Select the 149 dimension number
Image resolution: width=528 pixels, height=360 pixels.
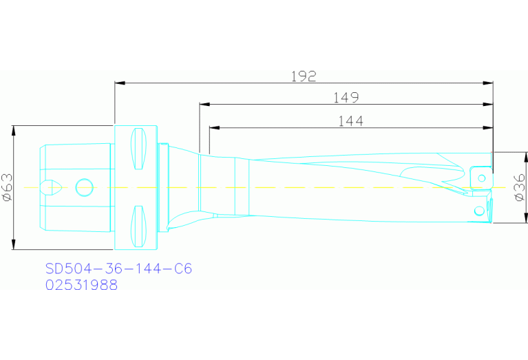tap(346, 98)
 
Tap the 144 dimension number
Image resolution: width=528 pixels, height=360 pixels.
tap(350, 121)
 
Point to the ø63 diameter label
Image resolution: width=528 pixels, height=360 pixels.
tap(7, 187)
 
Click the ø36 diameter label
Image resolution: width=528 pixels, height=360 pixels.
tap(520, 187)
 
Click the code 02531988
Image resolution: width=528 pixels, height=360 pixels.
tap(81, 285)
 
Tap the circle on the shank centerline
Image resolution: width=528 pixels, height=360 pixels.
tap(84, 185)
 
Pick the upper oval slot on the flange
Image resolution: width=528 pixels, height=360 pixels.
tap(139, 148)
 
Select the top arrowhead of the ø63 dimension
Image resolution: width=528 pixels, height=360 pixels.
tap(14, 131)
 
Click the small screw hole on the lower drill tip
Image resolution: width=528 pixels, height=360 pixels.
tap(478, 210)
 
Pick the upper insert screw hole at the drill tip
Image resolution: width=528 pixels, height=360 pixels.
tap(482, 178)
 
